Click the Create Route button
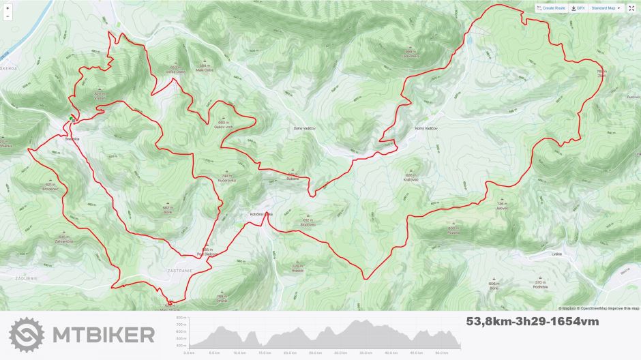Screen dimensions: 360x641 (552, 8)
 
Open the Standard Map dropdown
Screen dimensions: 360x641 (606, 8)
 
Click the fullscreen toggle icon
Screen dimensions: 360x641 (631, 8)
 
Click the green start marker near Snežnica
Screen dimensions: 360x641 (72, 119)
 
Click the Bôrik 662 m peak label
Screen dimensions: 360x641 (166, 209)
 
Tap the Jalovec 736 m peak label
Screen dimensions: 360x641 (503, 207)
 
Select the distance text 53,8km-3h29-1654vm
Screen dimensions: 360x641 (533, 320)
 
